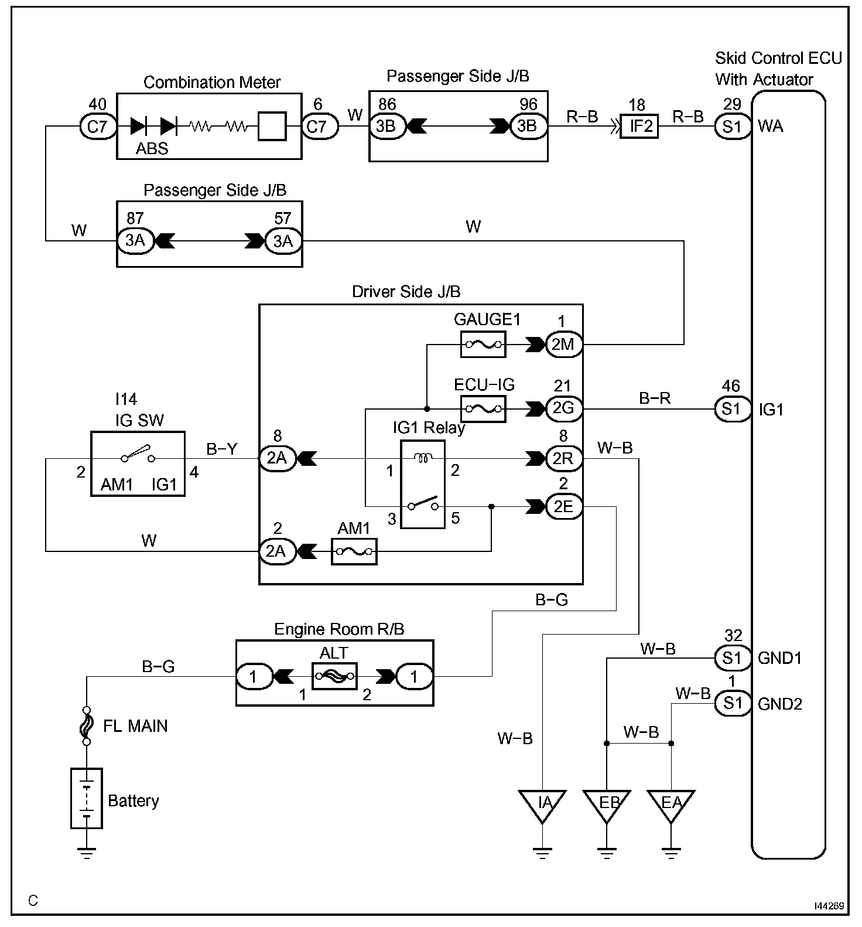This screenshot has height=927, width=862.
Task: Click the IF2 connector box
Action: tap(639, 126)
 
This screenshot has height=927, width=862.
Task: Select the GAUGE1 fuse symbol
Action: tap(483, 345)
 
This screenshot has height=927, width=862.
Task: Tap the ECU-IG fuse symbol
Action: tap(483, 408)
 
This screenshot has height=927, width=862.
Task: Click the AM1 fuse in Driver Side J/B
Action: tap(354, 551)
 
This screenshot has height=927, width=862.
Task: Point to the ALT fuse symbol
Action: tap(334, 677)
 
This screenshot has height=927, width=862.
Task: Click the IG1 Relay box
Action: tap(422, 484)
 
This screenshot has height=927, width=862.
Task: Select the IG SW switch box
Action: tap(138, 464)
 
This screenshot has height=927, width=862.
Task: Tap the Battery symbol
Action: tap(87, 798)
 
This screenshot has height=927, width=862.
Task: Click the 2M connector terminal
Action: tap(563, 345)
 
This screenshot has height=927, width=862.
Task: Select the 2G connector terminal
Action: tap(563, 408)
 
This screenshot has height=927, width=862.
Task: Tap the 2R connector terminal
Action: tap(563, 458)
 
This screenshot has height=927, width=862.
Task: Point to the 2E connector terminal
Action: tap(563, 506)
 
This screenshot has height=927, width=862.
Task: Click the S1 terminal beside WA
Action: tap(733, 126)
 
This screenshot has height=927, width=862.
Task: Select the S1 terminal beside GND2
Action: tap(733, 703)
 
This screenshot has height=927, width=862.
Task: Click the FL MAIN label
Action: tap(135, 727)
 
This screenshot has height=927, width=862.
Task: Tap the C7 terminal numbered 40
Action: tap(98, 126)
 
